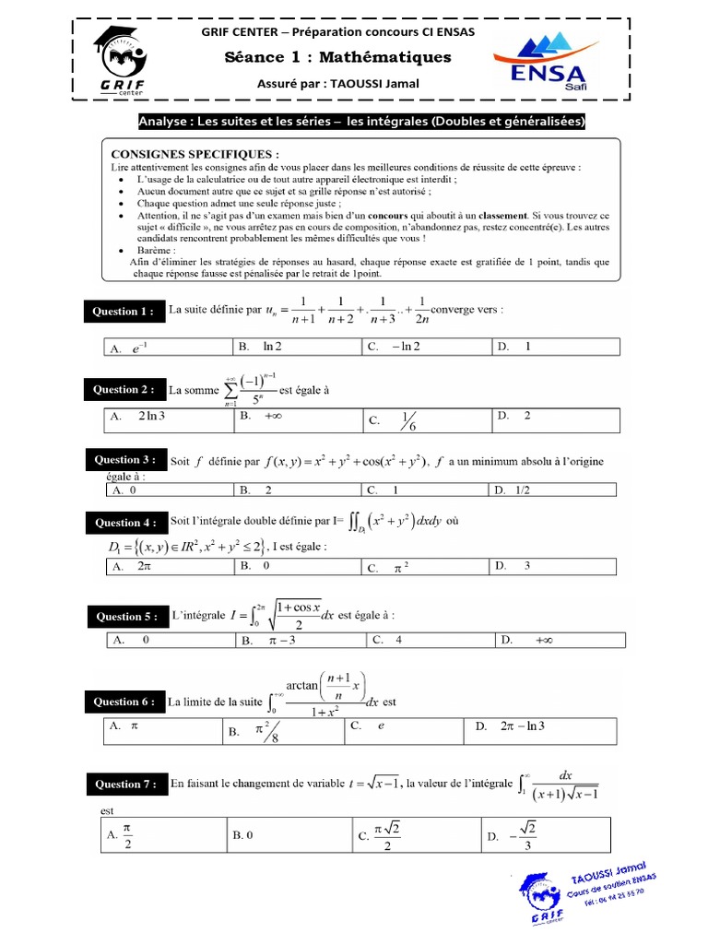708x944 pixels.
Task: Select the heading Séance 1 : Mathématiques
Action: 338,58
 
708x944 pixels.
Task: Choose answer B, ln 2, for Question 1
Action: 271,347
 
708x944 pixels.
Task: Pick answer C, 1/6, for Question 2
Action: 407,420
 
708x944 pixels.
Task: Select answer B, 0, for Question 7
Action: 243,835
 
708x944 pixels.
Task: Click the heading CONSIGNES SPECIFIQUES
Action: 195,154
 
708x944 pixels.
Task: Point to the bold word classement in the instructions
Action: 501,214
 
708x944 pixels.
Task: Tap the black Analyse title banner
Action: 361,122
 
